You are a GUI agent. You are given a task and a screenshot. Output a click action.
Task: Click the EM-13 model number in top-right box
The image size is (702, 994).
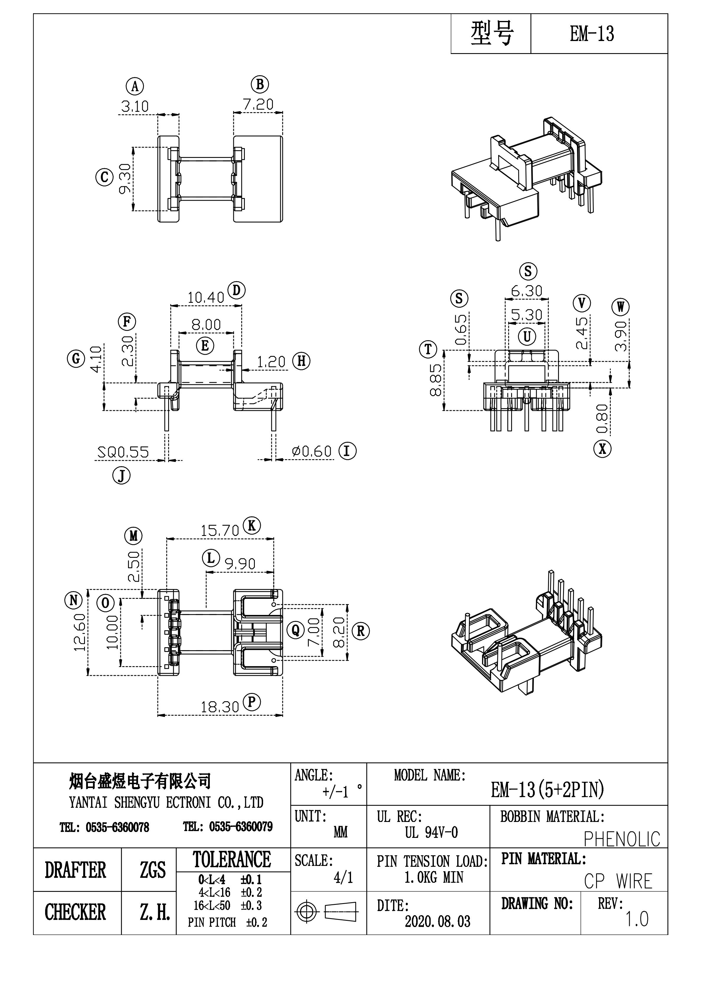click(592, 34)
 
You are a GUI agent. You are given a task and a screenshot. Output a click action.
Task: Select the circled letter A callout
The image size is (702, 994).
click(135, 86)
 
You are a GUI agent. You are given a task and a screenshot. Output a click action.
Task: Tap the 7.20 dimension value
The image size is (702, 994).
click(258, 104)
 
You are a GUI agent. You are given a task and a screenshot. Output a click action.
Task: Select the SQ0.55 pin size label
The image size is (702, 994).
click(123, 452)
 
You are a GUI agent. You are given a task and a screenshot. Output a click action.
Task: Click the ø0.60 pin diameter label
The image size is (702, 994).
click(311, 452)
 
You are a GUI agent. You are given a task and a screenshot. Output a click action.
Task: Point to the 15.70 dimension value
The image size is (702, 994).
click(219, 530)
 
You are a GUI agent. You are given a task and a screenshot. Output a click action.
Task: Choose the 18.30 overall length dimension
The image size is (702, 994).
click(219, 707)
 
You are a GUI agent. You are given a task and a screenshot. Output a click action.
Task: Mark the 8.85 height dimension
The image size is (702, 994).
click(436, 380)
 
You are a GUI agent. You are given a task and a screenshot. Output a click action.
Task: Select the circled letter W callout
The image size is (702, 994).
click(620, 307)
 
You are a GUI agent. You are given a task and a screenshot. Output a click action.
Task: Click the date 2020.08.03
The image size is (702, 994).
click(437, 921)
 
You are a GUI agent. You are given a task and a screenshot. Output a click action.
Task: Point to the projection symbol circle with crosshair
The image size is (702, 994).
click(306, 912)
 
